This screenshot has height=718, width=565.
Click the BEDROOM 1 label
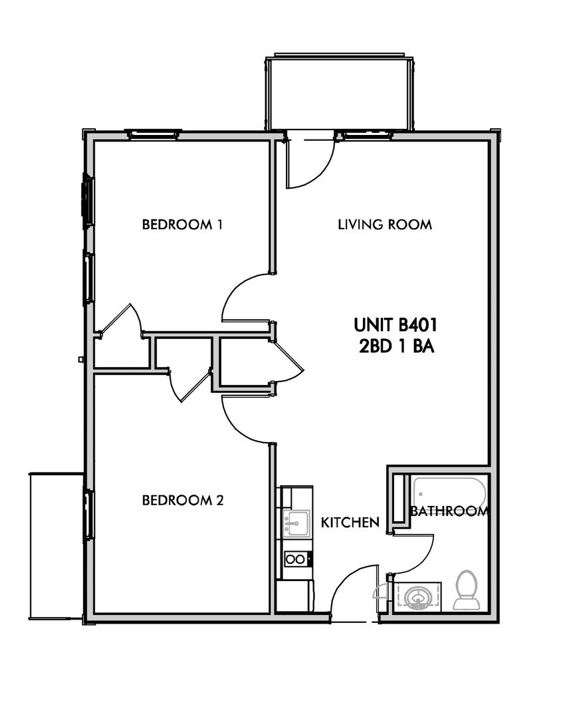182,225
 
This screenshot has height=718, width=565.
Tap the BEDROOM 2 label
183,500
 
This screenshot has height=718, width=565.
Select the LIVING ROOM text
385,225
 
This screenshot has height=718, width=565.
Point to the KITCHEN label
350,523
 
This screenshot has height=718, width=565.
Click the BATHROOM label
449,511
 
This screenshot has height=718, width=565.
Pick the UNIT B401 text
395,324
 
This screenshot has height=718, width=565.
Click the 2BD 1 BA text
397,346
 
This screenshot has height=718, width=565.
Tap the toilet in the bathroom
467,591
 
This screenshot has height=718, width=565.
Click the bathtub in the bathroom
449,495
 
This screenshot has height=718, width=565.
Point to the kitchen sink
296,523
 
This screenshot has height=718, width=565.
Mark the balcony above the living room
339,93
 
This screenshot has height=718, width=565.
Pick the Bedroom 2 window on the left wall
88,514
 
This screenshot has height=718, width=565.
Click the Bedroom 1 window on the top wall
153,134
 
